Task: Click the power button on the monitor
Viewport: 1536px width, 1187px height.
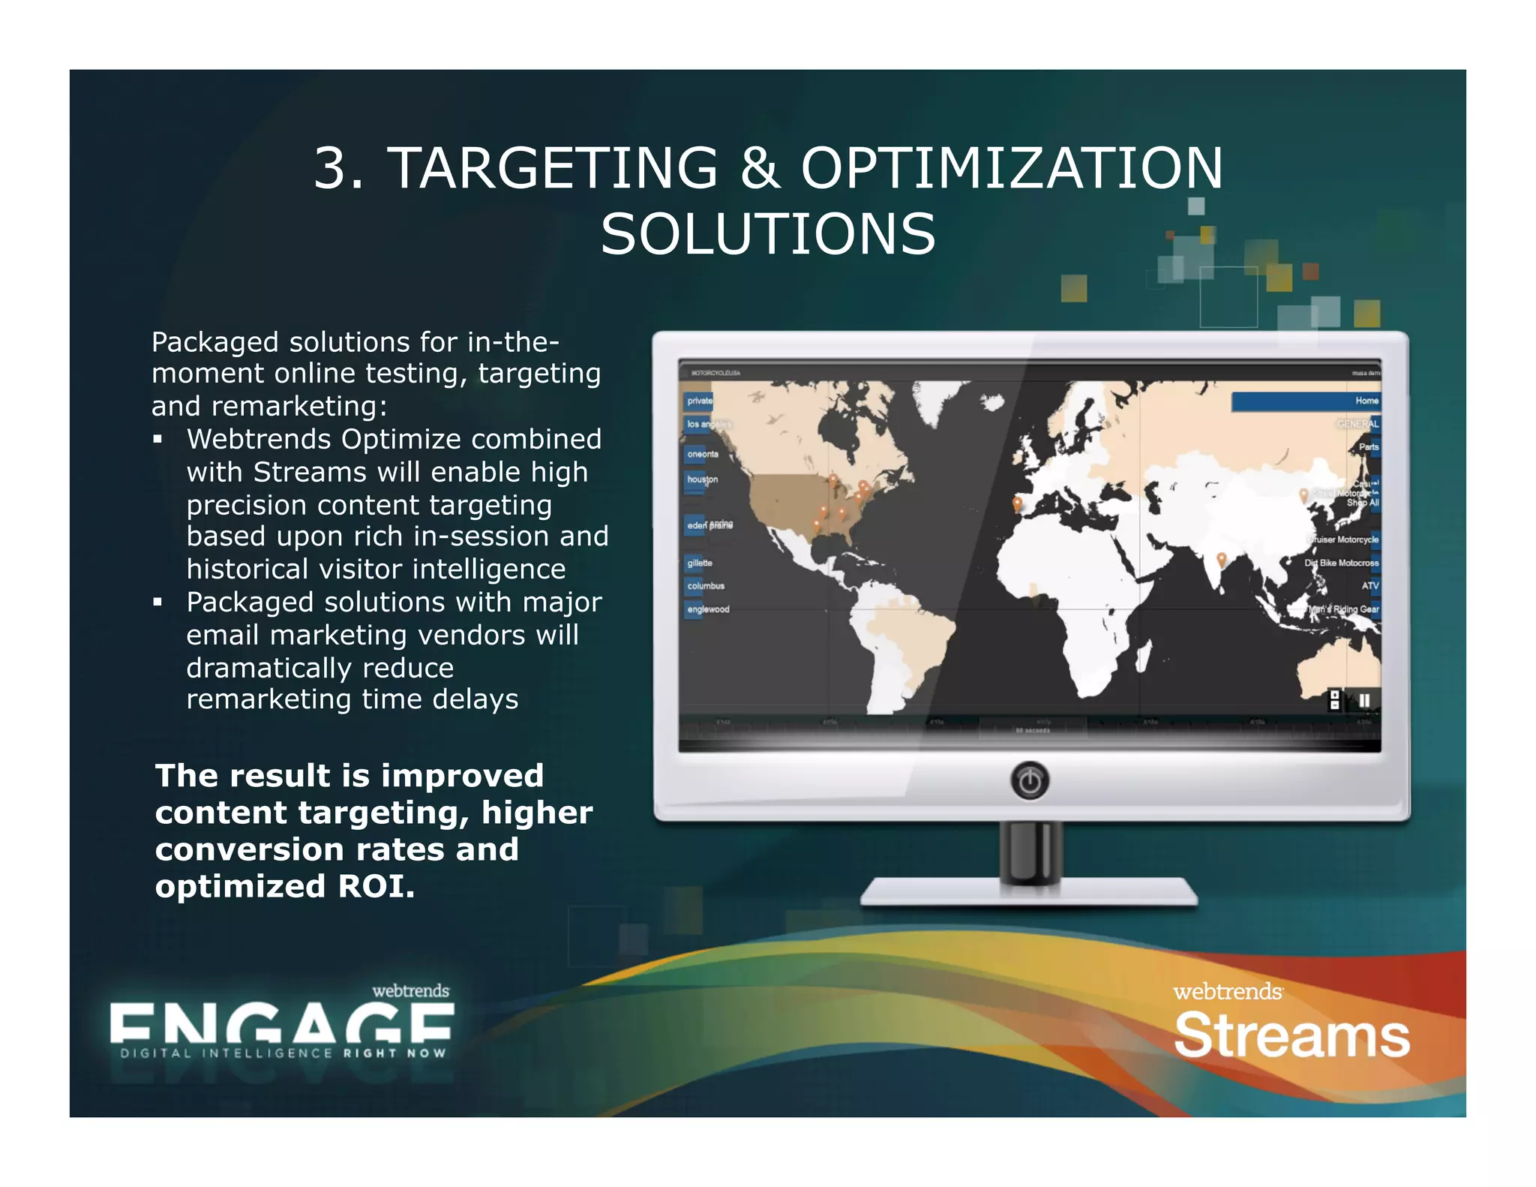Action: [x=1030, y=781]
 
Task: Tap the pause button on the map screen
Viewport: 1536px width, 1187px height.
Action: [x=1364, y=700]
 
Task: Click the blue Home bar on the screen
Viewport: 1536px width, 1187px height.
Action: [x=1306, y=401]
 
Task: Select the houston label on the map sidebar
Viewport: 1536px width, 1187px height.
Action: [x=702, y=479]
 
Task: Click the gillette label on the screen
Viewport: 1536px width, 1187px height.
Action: [x=700, y=563]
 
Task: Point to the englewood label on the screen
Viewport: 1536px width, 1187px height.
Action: [x=708, y=609]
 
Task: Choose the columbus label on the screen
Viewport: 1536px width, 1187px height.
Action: [x=706, y=586]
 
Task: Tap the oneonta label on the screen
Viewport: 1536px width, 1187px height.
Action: [x=703, y=454]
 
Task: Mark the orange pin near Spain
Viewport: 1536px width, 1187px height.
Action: [x=1017, y=503]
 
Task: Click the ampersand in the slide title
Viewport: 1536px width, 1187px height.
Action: [x=760, y=167]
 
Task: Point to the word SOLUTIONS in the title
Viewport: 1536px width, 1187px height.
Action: [x=768, y=234]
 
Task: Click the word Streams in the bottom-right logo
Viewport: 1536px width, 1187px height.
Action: [x=1291, y=1035]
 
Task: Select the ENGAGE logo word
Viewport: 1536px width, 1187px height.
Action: [x=281, y=1023]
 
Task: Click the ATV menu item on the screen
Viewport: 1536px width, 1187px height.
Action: [x=1370, y=586]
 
